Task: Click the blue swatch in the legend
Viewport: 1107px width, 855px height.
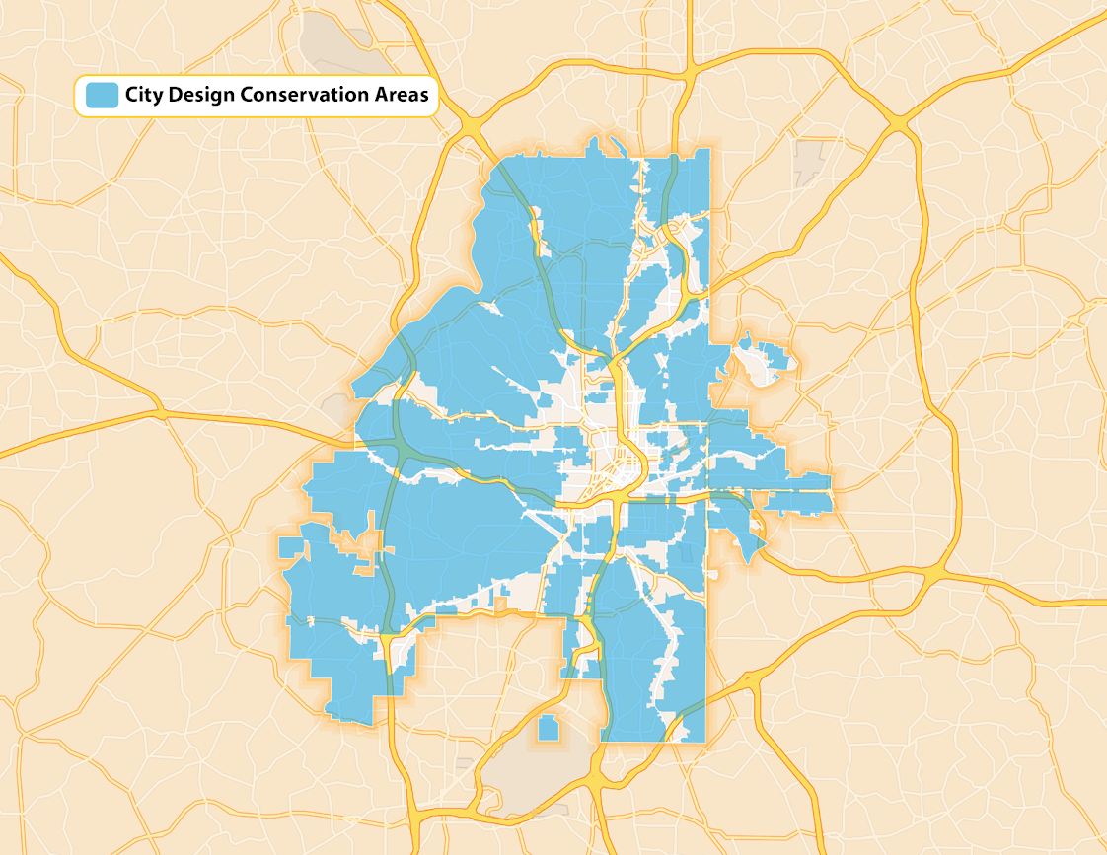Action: click(102, 95)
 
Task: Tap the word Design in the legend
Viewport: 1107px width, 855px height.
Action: click(202, 96)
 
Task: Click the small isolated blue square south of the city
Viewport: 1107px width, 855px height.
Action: click(547, 729)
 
